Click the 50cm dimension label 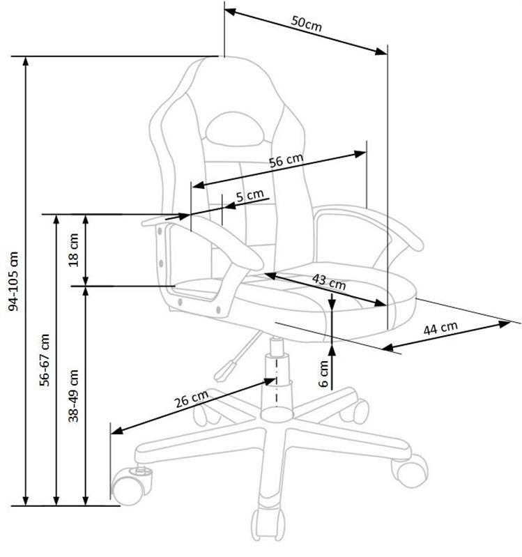pos(307,22)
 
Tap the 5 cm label pos(249,196)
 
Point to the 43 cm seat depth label pos(328,282)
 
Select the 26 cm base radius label pos(191,399)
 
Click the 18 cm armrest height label pos(75,249)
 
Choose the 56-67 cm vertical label pos(46,360)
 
